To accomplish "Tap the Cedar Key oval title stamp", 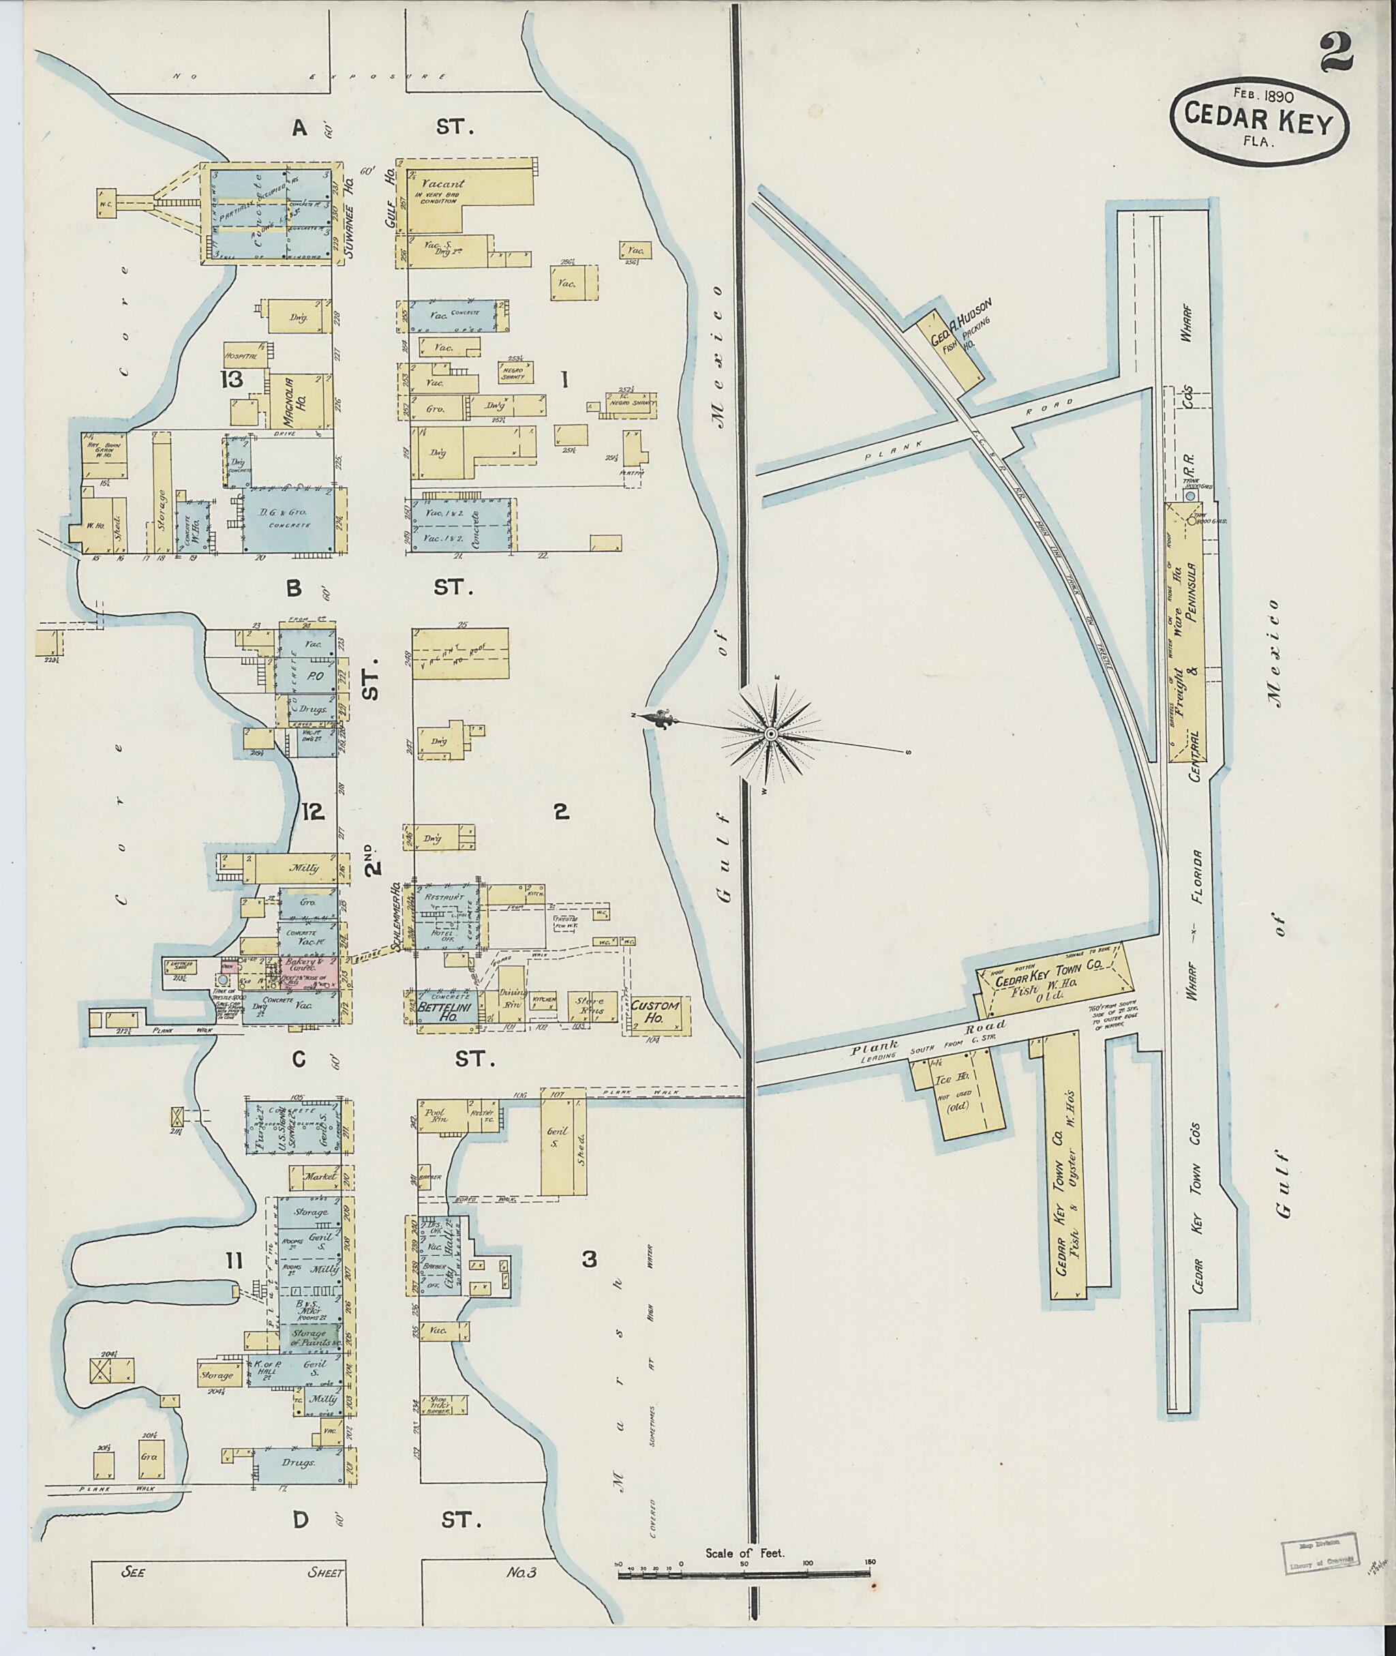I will click(1259, 127).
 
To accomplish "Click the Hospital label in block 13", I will click(242, 357).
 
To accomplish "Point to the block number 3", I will click(589, 1259).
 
